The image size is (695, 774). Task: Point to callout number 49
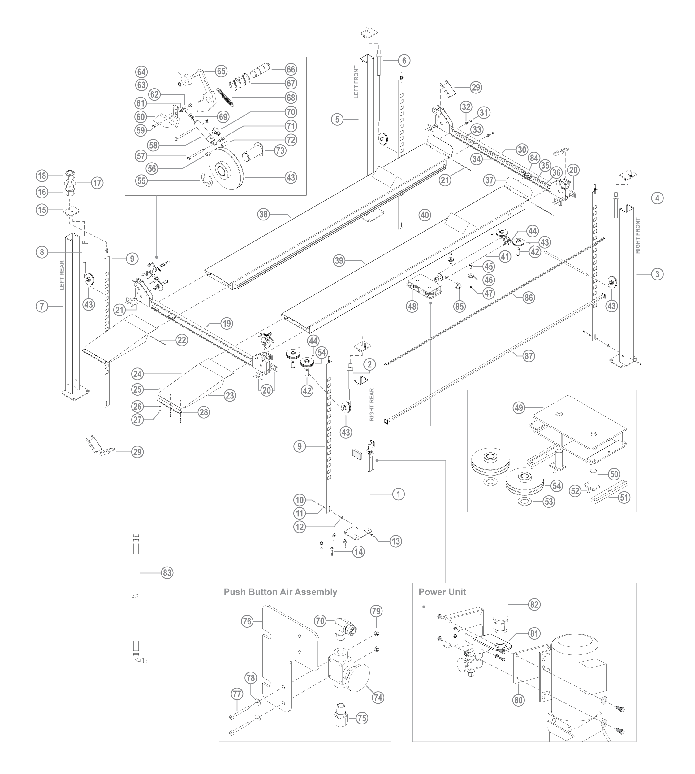pos(519,408)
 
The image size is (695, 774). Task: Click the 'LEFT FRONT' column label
pos(356,82)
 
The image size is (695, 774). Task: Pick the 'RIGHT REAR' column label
pos(372,405)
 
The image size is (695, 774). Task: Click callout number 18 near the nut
pos(42,176)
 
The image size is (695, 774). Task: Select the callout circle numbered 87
pos(529,356)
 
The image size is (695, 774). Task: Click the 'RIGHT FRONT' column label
pos(638,236)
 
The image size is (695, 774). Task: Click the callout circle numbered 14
pos(359,552)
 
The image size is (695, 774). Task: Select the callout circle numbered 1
pos(398,494)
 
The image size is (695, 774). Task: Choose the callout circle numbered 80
pos(519,700)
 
